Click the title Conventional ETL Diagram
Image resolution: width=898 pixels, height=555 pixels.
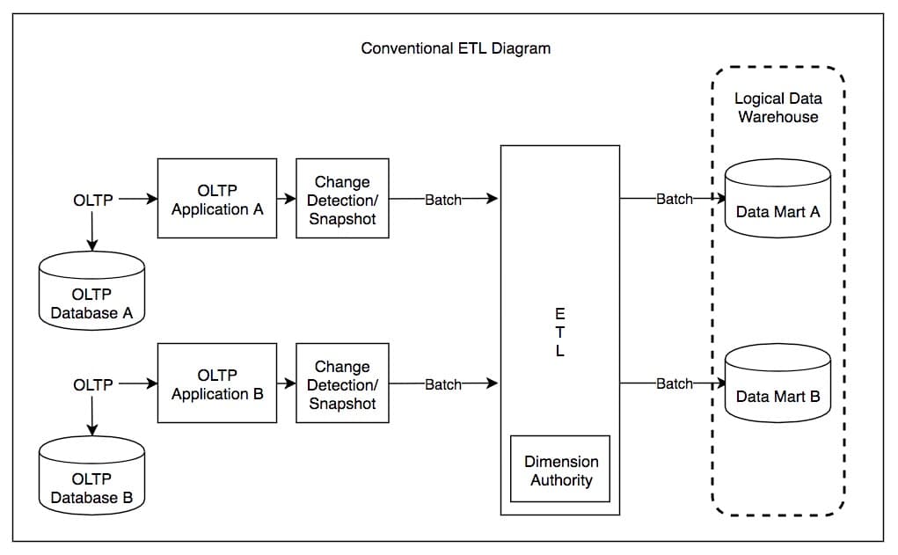click(456, 48)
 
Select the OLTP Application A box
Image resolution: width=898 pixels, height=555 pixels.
click(217, 199)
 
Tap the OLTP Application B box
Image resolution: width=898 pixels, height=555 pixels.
click(217, 384)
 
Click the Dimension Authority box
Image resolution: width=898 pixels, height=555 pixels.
click(560, 470)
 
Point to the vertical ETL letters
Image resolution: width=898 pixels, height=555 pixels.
click(560, 332)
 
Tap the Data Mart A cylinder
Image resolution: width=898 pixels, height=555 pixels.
click(778, 200)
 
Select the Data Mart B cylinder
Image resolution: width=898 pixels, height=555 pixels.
click(778, 384)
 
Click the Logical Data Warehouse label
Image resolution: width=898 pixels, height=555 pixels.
click(778, 107)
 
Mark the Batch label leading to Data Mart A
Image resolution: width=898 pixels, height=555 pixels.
click(675, 200)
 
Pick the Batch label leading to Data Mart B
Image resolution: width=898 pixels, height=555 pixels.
click(675, 384)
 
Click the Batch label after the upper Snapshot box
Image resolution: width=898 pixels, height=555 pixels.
click(443, 200)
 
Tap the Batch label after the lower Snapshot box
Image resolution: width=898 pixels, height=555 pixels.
click(443, 384)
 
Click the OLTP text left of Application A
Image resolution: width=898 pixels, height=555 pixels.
click(93, 200)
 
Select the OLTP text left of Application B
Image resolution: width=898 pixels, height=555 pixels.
click(93, 384)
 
